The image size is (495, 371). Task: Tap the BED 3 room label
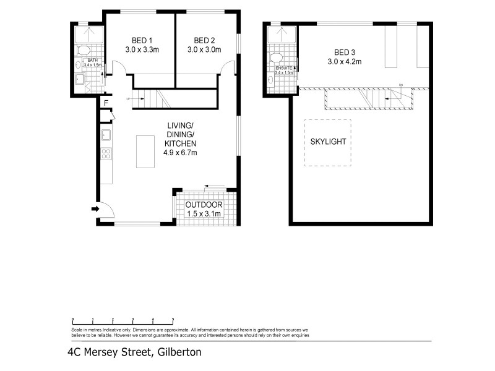345,51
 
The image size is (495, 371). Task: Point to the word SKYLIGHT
327,142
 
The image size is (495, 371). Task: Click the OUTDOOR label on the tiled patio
204,205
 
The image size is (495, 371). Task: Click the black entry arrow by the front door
95,210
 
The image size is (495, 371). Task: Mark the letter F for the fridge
106,103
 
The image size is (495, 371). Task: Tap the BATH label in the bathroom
92,60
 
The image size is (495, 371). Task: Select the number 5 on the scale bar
173,320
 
